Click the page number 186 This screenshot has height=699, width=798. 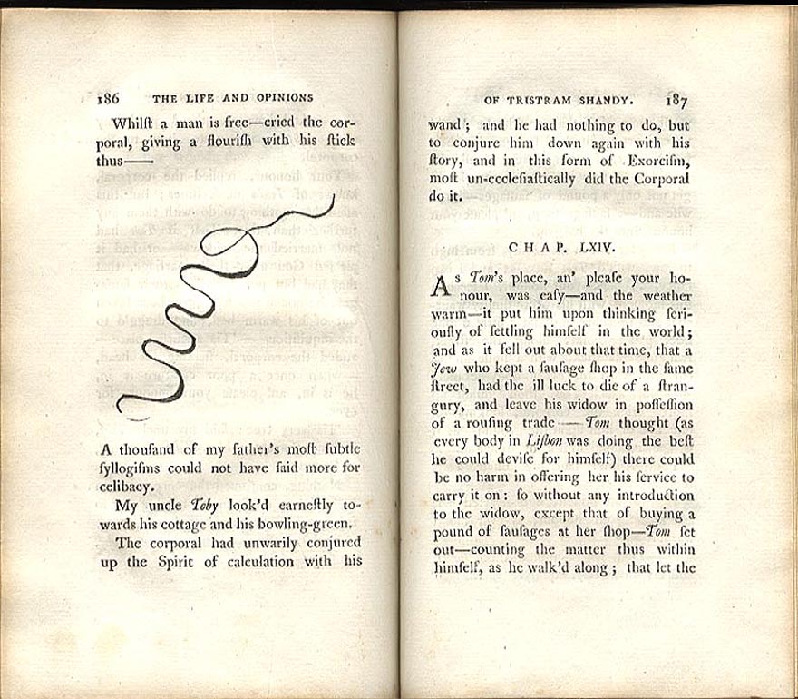click(109, 98)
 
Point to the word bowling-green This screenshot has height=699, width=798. click(306, 524)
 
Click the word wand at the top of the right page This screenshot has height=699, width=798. click(445, 125)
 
